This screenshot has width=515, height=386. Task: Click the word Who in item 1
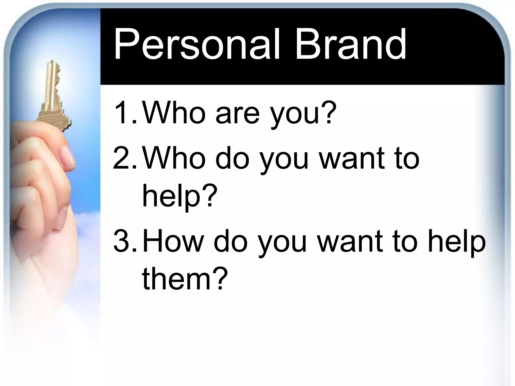tap(174, 113)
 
